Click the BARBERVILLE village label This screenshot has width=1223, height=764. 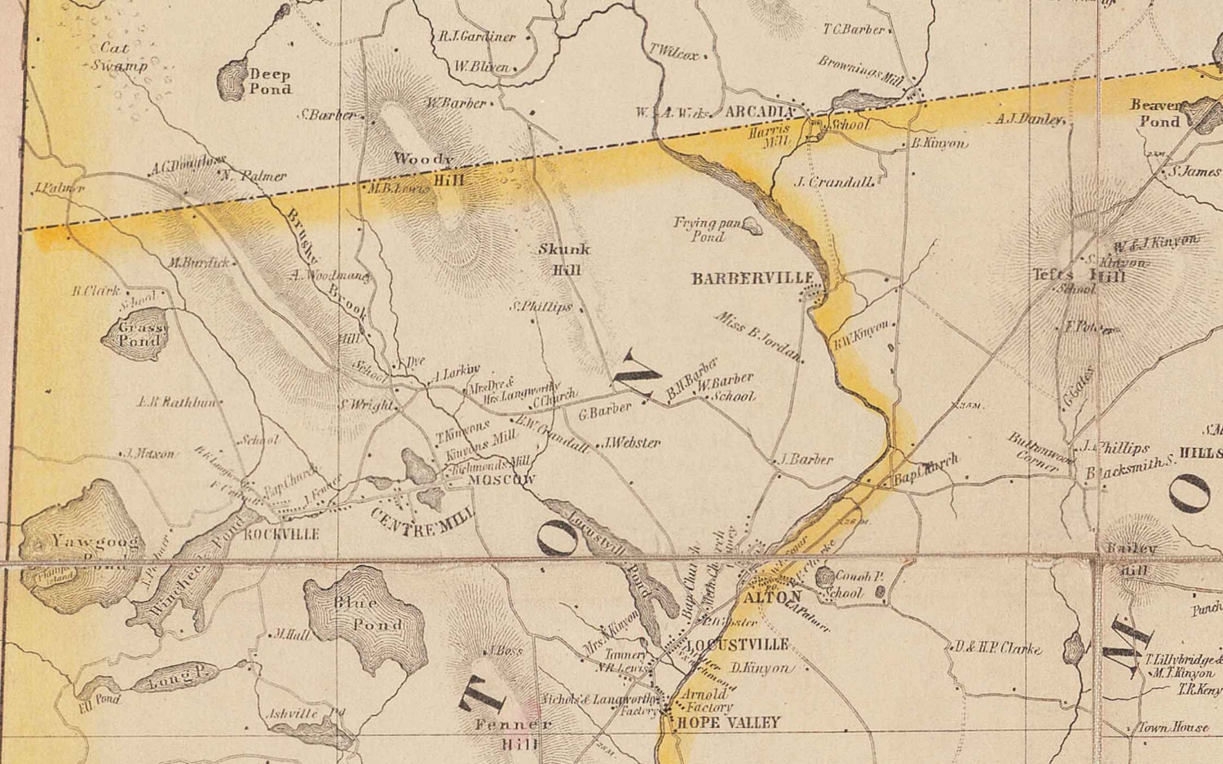click(752, 279)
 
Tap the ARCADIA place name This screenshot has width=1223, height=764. click(759, 112)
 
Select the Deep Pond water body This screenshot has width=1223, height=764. click(233, 80)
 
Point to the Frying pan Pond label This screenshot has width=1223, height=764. click(707, 229)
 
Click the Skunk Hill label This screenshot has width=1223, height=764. click(564, 259)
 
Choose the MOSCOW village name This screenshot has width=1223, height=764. click(501, 480)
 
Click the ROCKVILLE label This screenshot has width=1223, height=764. click(281, 534)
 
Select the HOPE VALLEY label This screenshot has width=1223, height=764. click(728, 722)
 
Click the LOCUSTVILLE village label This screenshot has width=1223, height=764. click(738, 645)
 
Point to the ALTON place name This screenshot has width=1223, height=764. click(773, 597)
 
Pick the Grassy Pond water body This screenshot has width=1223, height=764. click(135, 334)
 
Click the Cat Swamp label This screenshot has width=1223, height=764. click(118, 57)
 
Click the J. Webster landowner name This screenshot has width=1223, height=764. click(632, 443)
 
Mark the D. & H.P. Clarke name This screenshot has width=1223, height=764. click(999, 648)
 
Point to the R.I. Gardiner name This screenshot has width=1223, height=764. click(478, 37)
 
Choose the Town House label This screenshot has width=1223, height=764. click(1173, 726)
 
